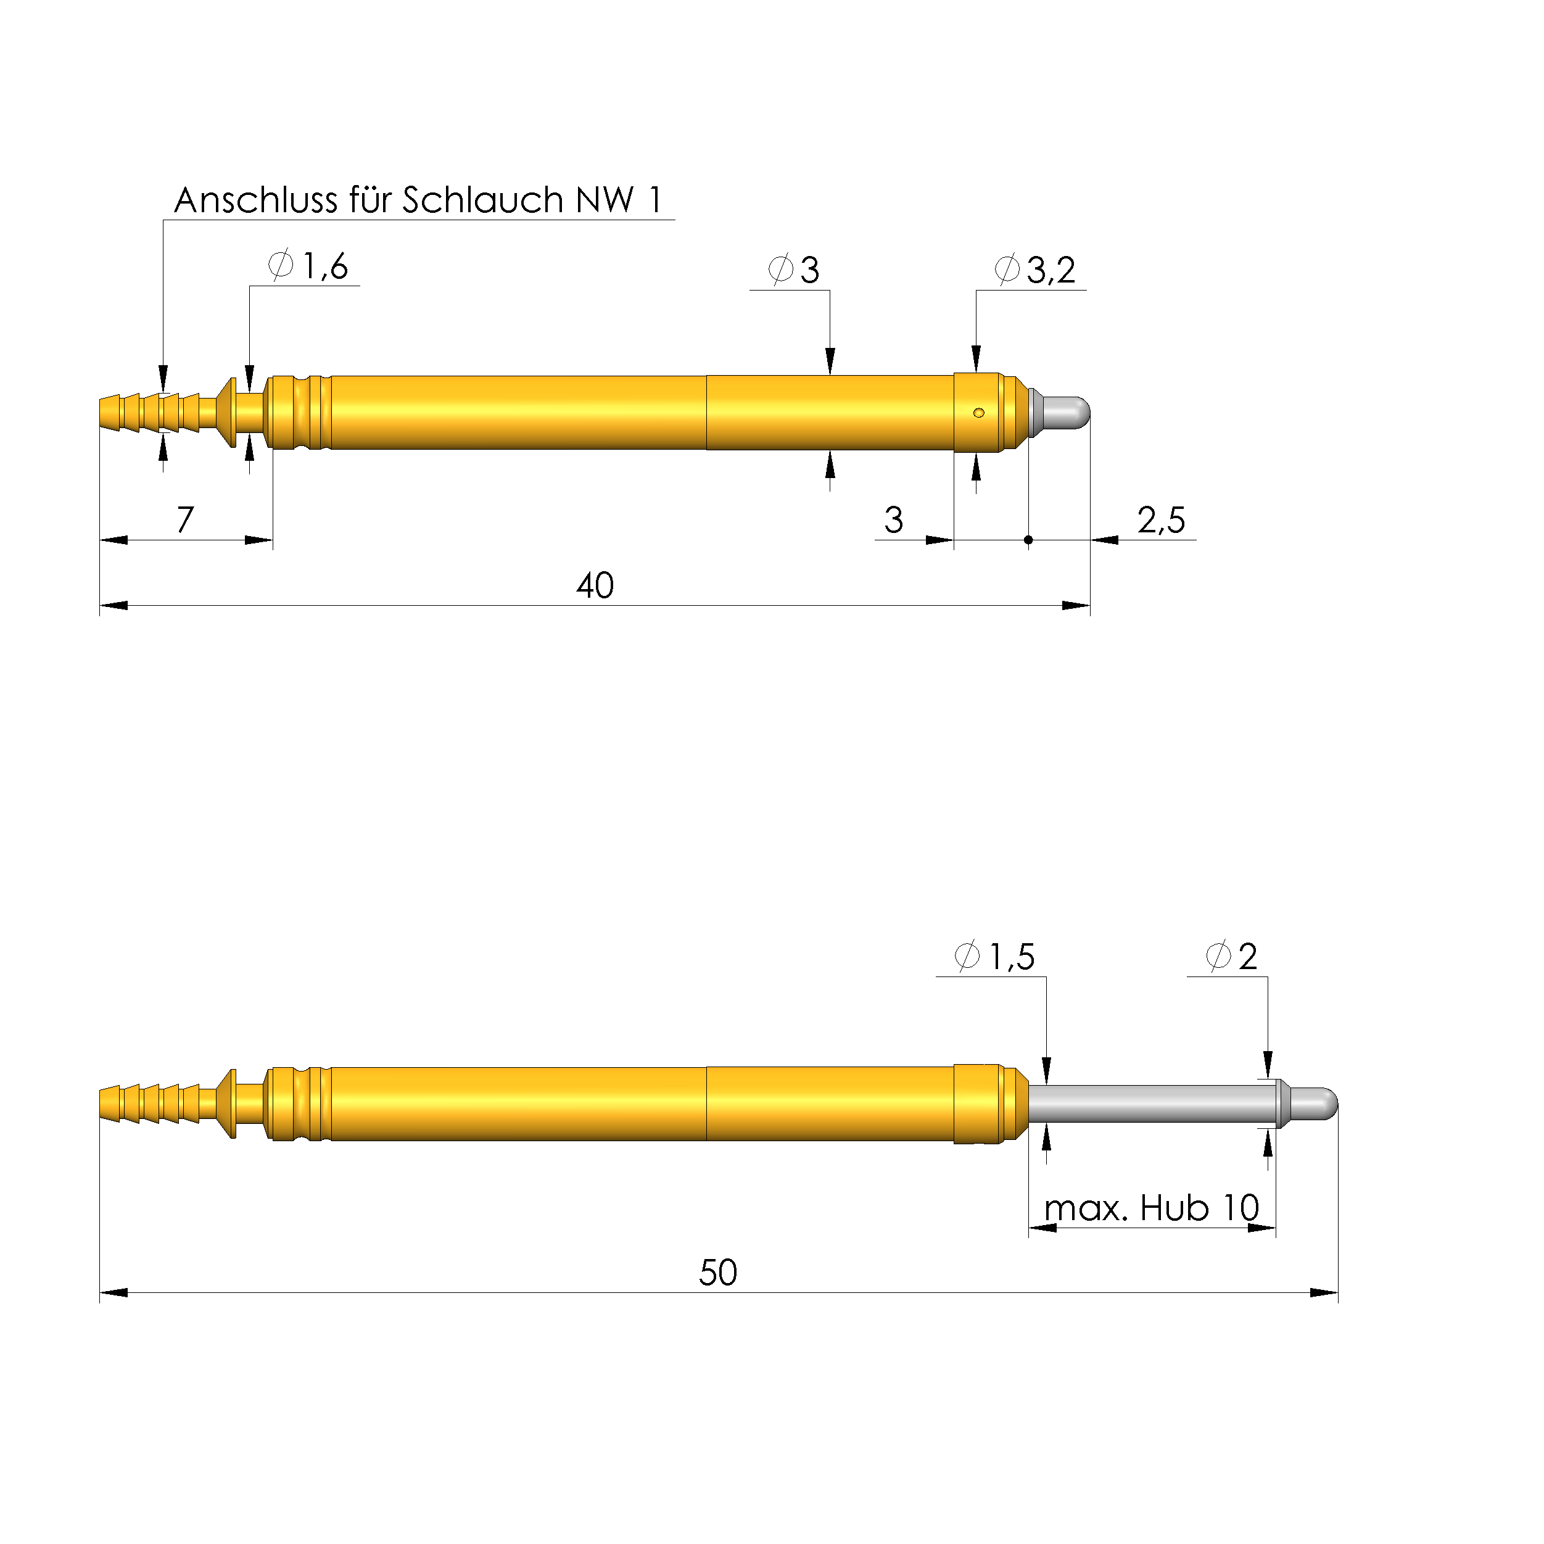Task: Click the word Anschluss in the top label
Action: tap(256, 200)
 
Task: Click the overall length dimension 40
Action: tap(595, 586)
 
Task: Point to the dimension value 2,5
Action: tap(1161, 520)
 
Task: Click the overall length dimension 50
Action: tap(717, 1273)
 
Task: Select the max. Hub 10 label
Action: tap(1152, 1208)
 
